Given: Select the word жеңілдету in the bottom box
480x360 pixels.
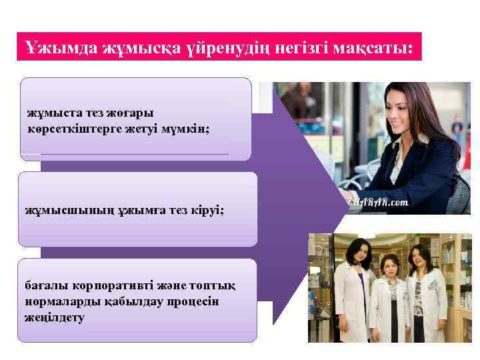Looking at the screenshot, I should pyautogui.click(x=55, y=317).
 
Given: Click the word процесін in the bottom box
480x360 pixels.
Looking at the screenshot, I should pyautogui.click(x=176, y=301).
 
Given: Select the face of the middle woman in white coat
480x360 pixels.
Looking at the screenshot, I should pyautogui.click(x=389, y=267).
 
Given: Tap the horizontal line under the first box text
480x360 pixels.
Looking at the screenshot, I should pyautogui.click(x=133, y=154).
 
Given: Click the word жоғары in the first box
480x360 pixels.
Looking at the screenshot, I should pyautogui.click(x=136, y=113).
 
